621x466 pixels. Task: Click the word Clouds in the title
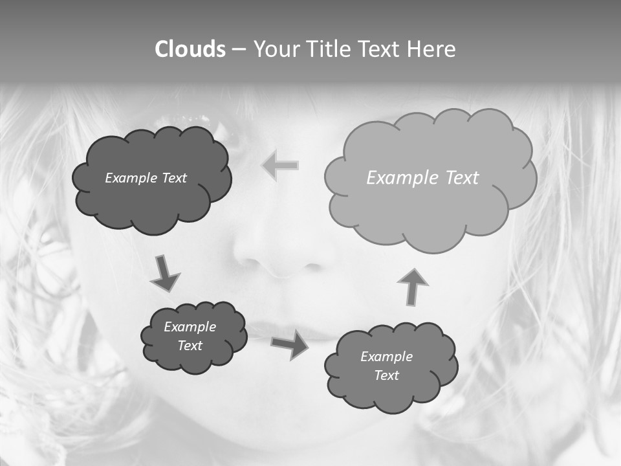[190, 49]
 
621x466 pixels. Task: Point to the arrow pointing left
[280, 166]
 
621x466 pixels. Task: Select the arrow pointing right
[290, 345]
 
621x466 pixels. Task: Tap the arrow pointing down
[164, 273]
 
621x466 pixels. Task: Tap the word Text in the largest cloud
[462, 178]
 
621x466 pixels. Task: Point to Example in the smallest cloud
[190, 327]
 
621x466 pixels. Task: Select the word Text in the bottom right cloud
[386, 375]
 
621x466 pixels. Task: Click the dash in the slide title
[239, 49]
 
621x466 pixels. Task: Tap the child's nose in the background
[285, 252]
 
